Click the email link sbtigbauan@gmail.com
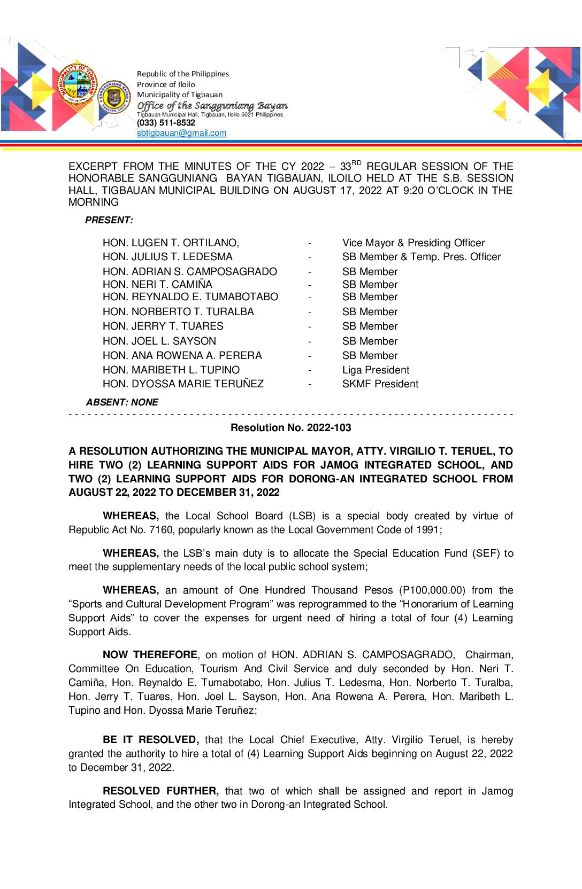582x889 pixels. pyautogui.click(x=181, y=133)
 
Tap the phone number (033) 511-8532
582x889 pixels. pyautogui.click(x=166, y=123)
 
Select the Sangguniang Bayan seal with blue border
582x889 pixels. pyautogui.click(x=114, y=97)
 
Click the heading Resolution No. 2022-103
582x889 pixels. pyautogui.click(x=290, y=427)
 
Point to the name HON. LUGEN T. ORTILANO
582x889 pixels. pyautogui.click(x=171, y=243)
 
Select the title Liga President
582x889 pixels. pyautogui.click(x=376, y=370)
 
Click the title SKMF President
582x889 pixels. pyautogui.click(x=380, y=384)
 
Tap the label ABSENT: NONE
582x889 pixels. pyautogui.click(x=122, y=402)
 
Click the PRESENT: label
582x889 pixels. pyautogui.click(x=109, y=220)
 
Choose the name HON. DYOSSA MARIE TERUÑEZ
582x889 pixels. pyautogui.click(x=183, y=384)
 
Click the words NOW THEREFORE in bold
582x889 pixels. pyautogui.click(x=150, y=654)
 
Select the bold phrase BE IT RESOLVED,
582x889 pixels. pyautogui.click(x=150, y=739)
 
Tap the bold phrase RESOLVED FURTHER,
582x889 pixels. pyautogui.click(x=160, y=791)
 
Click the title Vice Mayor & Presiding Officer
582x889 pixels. pyautogui.click(x=413, y=243)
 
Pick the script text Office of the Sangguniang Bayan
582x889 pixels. pyautogui.click(x=212, y=106)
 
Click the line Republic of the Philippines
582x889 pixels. pyautogui.click(x=182, y=74)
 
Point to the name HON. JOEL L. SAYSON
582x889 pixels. pyautogui.click(x=159, y=341)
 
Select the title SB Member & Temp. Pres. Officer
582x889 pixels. pyautogui.click(x=421, y=257)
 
